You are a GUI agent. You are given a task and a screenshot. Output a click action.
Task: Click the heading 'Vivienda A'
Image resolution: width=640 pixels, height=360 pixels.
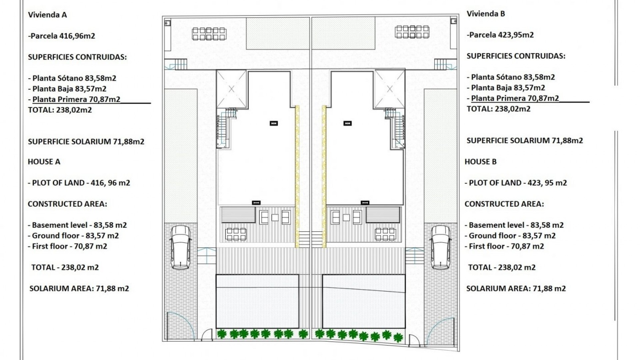click(x=47, y=15)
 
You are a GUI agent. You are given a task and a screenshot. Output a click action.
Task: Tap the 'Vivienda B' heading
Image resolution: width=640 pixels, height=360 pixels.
click(x=486, y=14)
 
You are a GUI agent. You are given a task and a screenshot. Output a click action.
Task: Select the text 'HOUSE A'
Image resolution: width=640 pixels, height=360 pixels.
click(x=44, y=162)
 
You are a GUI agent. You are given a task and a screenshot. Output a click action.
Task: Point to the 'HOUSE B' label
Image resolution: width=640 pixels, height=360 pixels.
click(x=480, y=162)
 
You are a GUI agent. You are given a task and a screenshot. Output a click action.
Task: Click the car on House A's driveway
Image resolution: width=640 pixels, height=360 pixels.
click(x=180, y=247)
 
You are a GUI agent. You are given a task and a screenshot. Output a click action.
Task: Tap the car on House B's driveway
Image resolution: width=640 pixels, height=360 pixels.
click(x=441, y=247)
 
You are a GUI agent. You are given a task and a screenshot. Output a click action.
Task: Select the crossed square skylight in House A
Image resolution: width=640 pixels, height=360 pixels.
click(x=231, y=89)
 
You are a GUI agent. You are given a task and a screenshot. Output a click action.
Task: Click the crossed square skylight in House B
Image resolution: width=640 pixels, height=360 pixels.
click(x=390, y=89)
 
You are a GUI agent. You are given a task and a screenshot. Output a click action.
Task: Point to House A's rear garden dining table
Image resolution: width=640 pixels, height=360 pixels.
click(x=209, y=34)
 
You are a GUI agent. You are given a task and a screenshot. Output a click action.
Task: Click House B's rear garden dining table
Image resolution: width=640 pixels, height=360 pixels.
click(x=412, y=32)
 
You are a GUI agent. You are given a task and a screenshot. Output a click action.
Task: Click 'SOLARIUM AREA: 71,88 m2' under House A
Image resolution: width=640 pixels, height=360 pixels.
click(x=79, y=288)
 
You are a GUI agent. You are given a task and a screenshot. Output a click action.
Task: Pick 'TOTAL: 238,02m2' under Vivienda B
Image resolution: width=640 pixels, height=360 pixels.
click(x=498, y=109)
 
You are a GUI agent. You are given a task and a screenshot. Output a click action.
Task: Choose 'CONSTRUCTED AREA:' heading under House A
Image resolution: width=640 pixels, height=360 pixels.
click(x=67, y=204)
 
